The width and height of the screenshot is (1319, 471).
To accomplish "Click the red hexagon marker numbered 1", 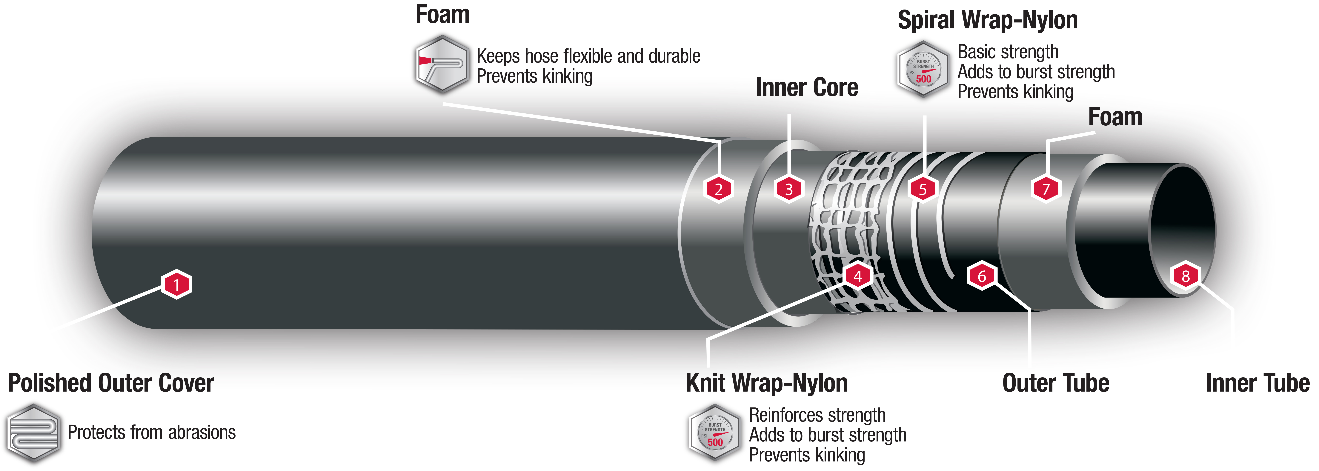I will coord(177,284).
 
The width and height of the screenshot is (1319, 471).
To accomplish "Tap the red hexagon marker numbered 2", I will coord(718,189).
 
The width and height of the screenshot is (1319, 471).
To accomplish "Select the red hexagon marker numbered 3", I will coord(788,189).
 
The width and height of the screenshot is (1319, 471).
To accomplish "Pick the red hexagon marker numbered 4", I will coord(858,276).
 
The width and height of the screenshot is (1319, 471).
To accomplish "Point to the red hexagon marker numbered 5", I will coord(923,189).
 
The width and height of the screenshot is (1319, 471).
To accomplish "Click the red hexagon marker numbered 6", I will coord(982,276).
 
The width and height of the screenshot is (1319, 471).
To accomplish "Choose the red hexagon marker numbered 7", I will coord(1046,189).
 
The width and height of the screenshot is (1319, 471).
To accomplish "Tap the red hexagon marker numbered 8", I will coord(1185,276).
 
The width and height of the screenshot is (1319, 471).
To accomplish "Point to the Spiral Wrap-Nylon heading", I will coord(988,21).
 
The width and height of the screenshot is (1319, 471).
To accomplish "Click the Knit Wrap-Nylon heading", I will coord(766,383).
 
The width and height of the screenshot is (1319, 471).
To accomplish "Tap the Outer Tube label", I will coord(1056,383).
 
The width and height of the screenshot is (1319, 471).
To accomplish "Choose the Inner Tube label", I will coord(1257,383).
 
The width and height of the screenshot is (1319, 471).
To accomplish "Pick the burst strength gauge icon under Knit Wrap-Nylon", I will coord(715,433).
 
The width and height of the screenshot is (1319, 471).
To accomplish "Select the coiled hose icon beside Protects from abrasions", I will coord(34,433).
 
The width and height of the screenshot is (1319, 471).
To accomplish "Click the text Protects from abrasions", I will coord(152,433).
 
